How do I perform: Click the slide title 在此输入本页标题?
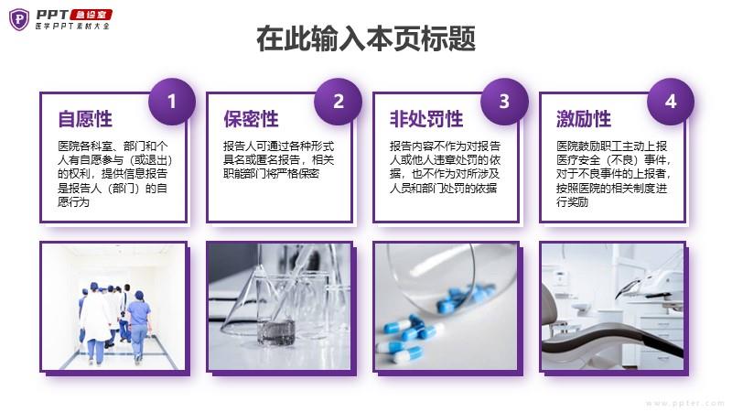[x=366, y=38]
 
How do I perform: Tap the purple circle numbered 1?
[x=172, y=102]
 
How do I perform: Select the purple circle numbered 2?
[x=338, y=102]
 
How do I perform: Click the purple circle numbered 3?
[x=504, y=102]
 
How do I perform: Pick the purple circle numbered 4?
[x=671, y=102]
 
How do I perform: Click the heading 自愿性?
[x=85, y=119]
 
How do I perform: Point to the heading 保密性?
[x=251, y=119]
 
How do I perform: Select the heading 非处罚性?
[x=426, y=119]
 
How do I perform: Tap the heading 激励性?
[x=584, y=119]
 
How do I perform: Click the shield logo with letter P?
[x=19, y=19]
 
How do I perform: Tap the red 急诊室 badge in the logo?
[x=91, y=15]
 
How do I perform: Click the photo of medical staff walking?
[x=113, y=307]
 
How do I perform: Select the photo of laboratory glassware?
[x=279, y=307]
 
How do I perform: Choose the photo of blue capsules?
[x=446, y=307]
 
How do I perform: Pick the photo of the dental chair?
[x=612, y=307]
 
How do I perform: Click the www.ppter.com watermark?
[x=685, y=403]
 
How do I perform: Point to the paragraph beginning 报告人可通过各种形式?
[x=279, y=159]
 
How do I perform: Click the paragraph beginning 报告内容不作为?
[x=445, y=167]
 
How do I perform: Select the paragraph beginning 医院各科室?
[x=115, y=174]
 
